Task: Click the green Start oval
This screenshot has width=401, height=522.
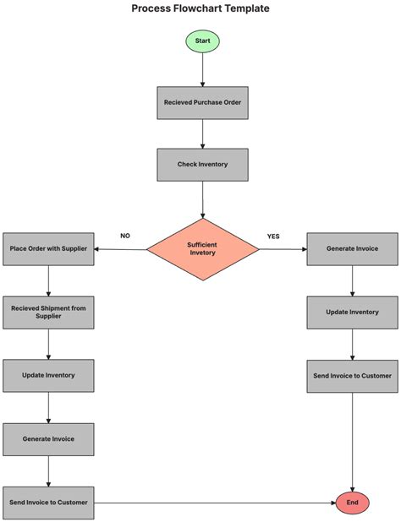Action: pos(203,41)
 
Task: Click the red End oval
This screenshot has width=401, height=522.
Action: pos(352,503)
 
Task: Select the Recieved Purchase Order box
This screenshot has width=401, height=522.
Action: pos(203,102)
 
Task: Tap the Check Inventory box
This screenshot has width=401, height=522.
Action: pos(203,164)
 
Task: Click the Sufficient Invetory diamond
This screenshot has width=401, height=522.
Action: pos(203,249)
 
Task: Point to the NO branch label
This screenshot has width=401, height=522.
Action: pos(125,236)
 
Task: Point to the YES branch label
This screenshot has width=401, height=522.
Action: pos(273,236)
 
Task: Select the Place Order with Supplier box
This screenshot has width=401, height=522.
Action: pos(48,249)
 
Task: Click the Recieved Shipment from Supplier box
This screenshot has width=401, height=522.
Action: pos(48,312)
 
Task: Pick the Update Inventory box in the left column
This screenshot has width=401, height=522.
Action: pos(48,375)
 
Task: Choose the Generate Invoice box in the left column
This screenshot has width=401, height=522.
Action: pos(48,439)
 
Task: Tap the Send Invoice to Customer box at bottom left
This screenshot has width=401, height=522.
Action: pos(48,503)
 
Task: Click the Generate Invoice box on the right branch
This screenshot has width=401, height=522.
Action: pos(352,249)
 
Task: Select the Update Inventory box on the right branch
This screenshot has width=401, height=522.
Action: pos(352,312)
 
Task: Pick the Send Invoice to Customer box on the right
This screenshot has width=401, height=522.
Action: pos(352,375)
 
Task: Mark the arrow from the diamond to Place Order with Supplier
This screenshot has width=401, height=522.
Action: pos(120,249)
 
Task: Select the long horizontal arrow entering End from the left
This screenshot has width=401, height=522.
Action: pos(211,503)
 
